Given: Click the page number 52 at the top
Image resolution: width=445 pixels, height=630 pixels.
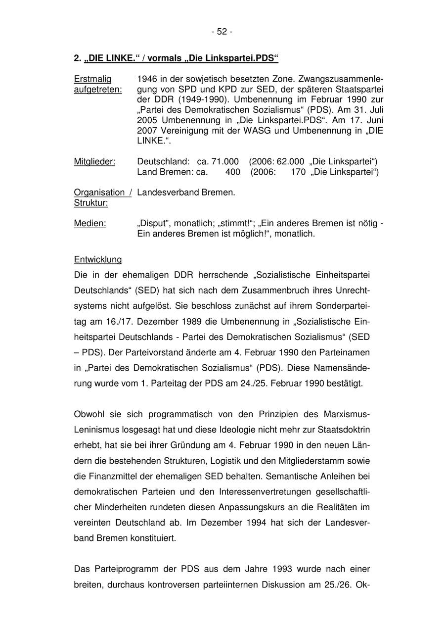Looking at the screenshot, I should pos(222,32).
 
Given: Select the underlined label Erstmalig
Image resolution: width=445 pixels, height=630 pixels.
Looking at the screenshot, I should pos(92,79).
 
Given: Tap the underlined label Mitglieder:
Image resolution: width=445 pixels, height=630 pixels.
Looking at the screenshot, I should pos(94,161).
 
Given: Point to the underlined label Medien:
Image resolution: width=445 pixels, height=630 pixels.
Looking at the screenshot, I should pos(89,223).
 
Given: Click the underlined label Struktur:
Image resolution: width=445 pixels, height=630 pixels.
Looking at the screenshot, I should pos(91,203).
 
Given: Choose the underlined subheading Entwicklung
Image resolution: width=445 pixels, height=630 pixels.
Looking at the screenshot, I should pos(97,259).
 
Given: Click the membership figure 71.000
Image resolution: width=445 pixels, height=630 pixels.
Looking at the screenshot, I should pos(225,161).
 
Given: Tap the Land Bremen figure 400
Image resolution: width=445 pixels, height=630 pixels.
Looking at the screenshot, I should pos(232,172).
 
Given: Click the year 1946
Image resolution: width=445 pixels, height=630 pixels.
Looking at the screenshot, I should pos(146,79).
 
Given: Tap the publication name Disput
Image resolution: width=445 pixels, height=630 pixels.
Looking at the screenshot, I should pos(152,223).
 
